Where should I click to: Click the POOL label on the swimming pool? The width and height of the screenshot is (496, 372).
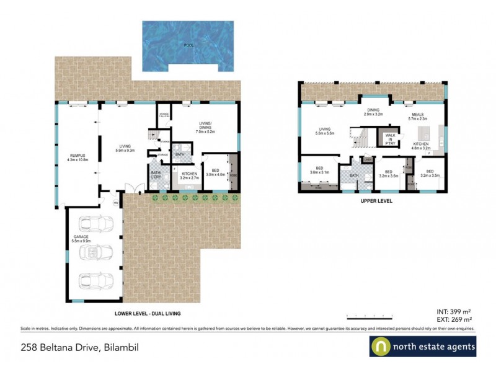point(188,45)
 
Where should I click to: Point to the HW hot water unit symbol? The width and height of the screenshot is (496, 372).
point(115,201)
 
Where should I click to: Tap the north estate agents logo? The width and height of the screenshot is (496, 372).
point(423,347)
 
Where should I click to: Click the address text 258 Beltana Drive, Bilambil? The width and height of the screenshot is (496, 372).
point(79,348)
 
